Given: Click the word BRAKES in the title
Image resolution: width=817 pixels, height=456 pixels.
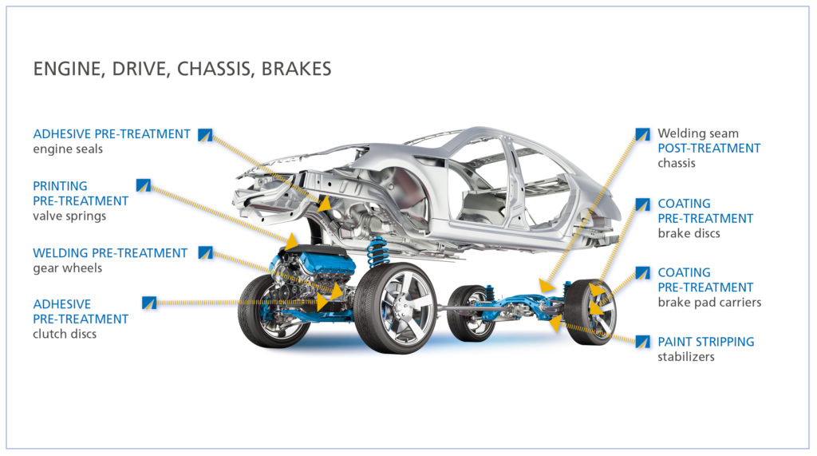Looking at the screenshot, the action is [x=296, y=69].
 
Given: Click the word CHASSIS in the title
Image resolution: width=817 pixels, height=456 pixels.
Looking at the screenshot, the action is [x=215, y=69].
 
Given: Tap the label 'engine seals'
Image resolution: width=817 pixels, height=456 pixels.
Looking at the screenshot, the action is [x=68, y=149].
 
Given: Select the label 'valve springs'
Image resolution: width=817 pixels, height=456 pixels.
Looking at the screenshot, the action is [x=69, y=216].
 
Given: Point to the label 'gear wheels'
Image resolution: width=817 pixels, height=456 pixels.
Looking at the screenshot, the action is [x=67, y=268].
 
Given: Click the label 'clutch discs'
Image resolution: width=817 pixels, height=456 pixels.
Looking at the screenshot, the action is [x=65, y=334].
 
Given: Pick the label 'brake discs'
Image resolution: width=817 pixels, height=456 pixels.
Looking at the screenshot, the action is [x=689, y=233].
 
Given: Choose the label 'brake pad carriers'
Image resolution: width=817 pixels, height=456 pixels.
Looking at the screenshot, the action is [x=709, y=302].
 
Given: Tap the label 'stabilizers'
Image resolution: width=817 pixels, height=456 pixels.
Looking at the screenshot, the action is [x=685, y=357].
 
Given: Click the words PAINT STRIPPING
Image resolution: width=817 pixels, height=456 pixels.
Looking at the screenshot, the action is [x=705, y=342].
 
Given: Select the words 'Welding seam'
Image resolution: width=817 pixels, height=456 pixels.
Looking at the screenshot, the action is [x=697, y=133].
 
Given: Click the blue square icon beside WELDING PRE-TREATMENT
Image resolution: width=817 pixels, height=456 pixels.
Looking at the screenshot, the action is [x=205, y=252].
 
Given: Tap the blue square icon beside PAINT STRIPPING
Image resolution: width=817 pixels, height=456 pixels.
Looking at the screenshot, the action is [x=642, y=342].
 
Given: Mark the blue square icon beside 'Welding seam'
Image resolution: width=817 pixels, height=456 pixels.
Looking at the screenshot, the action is [x=642, y=134].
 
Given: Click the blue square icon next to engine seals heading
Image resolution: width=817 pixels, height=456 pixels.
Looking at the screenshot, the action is [x=205, y=135].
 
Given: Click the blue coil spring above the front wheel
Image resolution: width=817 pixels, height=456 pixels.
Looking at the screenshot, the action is [x=377, y=252].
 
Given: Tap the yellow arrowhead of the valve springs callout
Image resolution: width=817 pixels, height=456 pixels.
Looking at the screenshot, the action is [x=292, y=240].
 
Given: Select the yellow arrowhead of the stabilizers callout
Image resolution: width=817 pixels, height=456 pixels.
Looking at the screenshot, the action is [x=556, y=323].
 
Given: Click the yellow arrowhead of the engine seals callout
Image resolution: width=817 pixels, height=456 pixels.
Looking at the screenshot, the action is [x=325, y=204].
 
